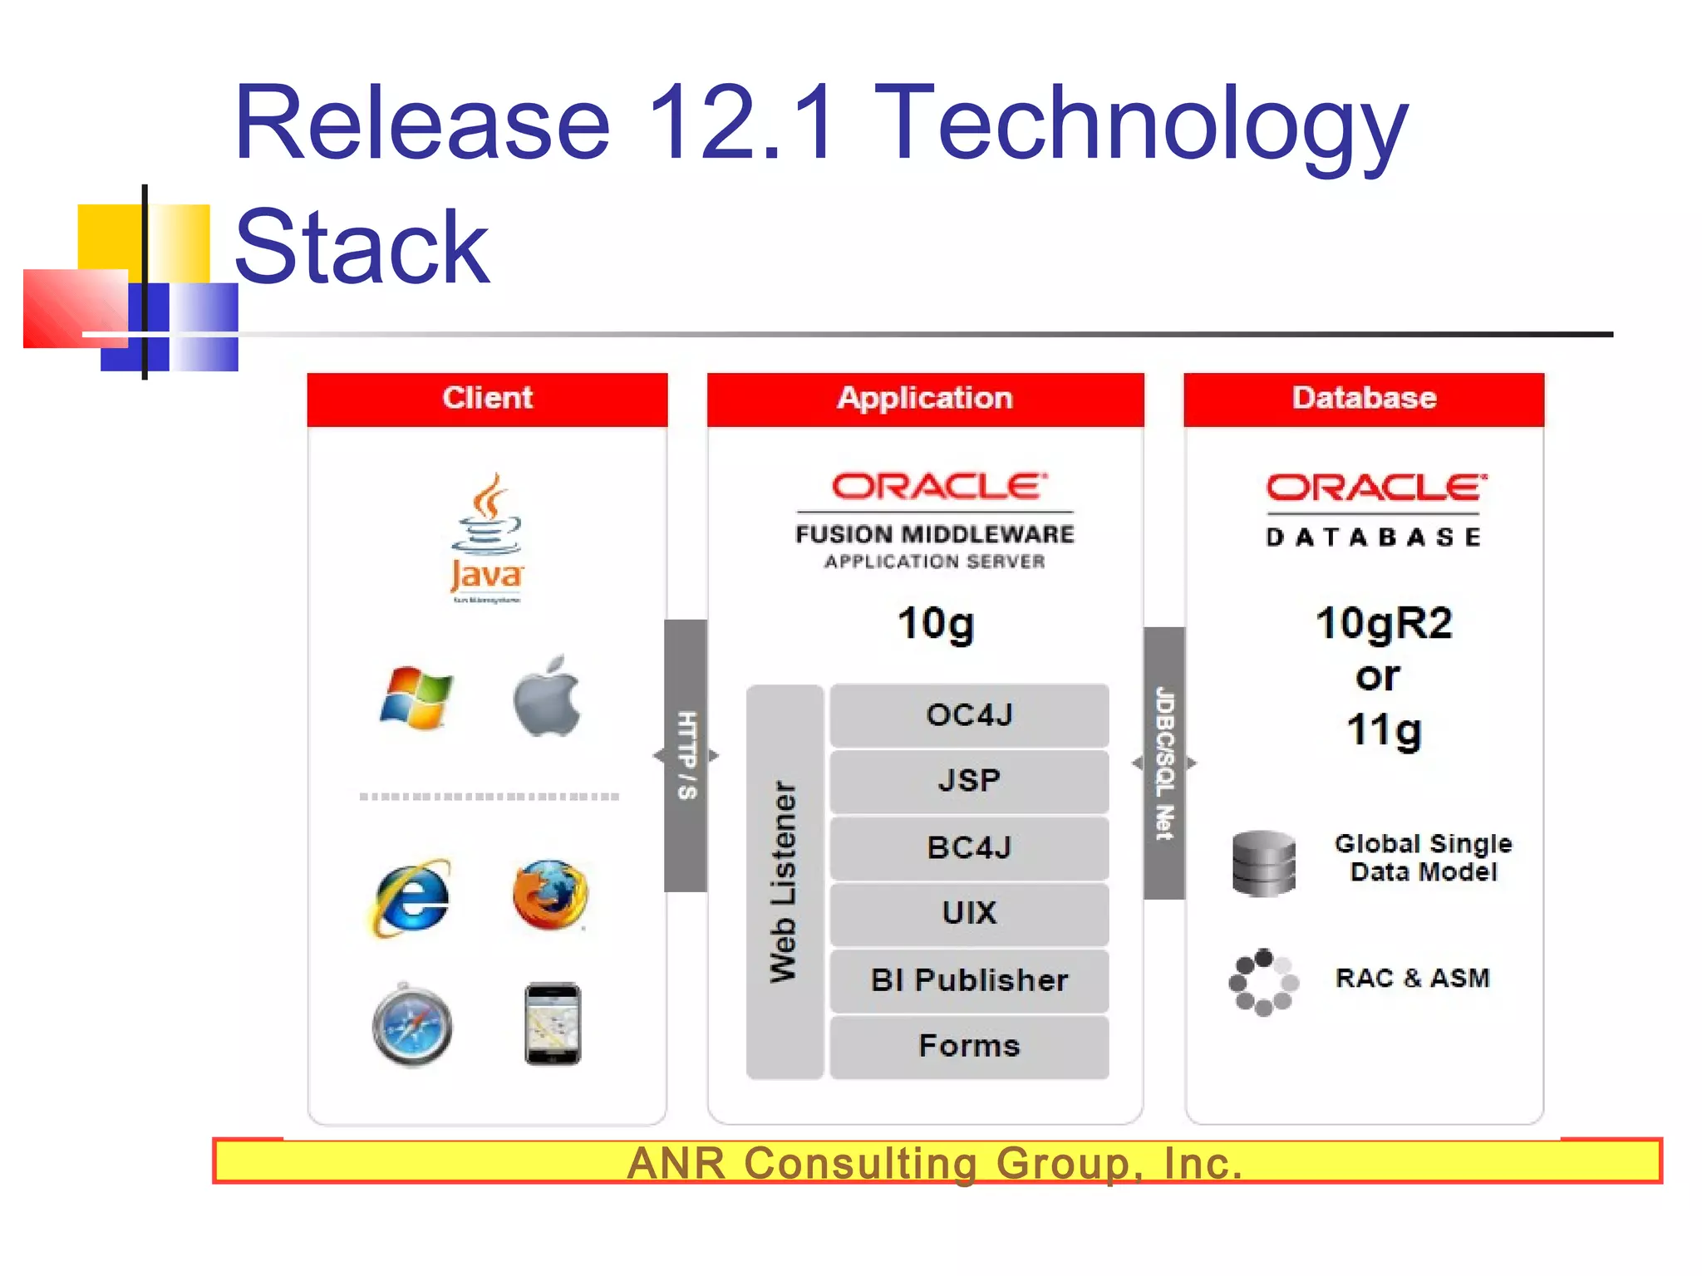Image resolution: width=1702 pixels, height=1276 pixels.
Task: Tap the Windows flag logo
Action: pos(416,698)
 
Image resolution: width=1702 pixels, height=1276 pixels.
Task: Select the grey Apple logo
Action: pos(547,696)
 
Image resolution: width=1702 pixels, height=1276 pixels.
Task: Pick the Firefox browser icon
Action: pos(549,896)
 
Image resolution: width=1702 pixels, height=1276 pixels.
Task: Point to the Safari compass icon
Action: pos(412,1025)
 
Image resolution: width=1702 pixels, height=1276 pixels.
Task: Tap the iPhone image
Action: pos(553,1023)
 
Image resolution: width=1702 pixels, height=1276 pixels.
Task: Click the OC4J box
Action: pos(969,715)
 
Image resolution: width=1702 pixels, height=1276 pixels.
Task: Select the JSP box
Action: pos(969,781)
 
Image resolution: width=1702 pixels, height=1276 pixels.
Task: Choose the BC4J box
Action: pos(969,848)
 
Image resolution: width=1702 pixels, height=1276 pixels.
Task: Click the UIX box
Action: pos(969,914)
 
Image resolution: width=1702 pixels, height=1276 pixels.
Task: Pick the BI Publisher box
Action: pos(969,980)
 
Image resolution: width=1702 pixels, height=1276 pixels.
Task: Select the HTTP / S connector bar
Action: pos(686,756)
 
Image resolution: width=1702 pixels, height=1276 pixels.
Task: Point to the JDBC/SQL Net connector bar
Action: pos(1164,763)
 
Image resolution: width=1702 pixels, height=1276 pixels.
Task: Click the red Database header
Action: pos(1364,399)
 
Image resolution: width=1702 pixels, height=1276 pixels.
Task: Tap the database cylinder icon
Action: pos(1263,864)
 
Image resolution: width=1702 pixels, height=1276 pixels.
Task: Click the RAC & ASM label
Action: pos(1412,979)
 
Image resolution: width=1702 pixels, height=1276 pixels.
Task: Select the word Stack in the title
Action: pos(362,248)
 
